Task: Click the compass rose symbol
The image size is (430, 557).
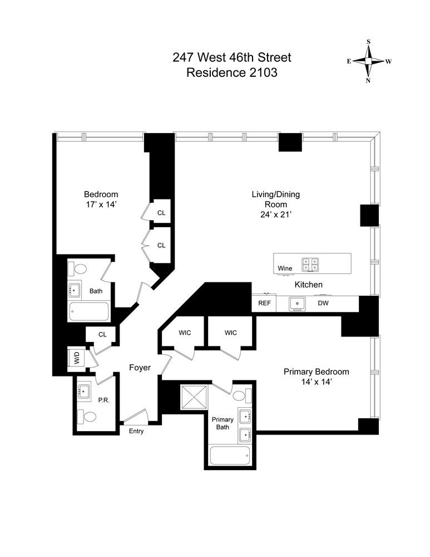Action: point(368,61)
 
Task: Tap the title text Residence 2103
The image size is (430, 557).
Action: point(231,72)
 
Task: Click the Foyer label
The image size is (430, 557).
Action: point(140,368)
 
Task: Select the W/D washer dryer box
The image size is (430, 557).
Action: point(76,358)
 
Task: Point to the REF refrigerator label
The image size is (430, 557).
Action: point(264,304)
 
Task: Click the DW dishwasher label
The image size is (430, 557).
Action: point(323,304)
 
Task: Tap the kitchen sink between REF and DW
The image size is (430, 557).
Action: point(298,304)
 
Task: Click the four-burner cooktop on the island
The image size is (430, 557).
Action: point(310,263)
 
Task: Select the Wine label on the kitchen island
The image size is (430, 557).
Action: point(285,268)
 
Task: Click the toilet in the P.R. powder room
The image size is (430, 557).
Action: point(87,416)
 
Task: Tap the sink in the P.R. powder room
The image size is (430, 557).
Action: point(85,391)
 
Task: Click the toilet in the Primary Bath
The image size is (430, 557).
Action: point(241,396)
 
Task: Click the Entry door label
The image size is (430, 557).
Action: point(136,431)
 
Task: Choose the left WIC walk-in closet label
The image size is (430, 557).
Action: point(185,333)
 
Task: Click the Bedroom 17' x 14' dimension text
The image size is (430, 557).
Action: point(101,204)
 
